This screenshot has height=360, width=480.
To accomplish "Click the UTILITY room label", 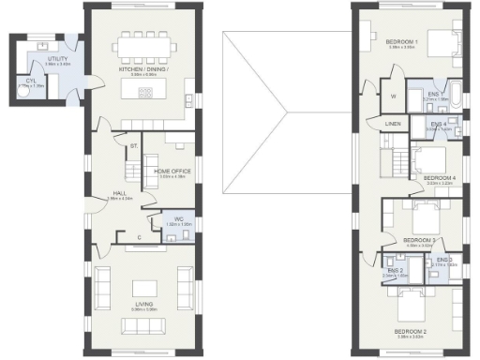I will click(x=44, y=58).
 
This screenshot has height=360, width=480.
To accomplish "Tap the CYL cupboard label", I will click(x=29, y=81).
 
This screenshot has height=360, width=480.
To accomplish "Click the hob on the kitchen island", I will click(x=146, y=91).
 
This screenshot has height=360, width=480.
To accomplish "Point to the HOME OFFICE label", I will click(x=174, y=172).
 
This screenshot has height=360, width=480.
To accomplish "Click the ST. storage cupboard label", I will click(x=134, y=146).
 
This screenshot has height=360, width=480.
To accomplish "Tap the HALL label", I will click(x=120, y=192).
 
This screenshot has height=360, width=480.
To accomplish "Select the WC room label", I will click(x=172, y=220).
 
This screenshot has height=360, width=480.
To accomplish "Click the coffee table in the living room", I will click(x=144, y=288).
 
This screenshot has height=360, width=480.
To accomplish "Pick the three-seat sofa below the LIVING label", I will click(x=144, y=325).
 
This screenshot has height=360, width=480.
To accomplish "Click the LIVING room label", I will click(x=144, y=303).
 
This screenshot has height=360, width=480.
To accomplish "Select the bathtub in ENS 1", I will click(x=454, y=94).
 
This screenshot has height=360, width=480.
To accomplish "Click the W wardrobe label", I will click(x=393, y=95).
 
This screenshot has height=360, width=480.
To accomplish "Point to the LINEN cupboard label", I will click(x=393, y=124).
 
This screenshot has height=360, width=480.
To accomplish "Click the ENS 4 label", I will click(x=438, y=124).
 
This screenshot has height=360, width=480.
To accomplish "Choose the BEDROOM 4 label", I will click(x=439, y=177).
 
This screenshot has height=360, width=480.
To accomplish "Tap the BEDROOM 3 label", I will click(x=420, y=240).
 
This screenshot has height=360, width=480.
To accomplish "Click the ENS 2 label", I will click(x=396, y=271).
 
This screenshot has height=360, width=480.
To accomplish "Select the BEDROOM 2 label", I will click(x=410, y=332).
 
